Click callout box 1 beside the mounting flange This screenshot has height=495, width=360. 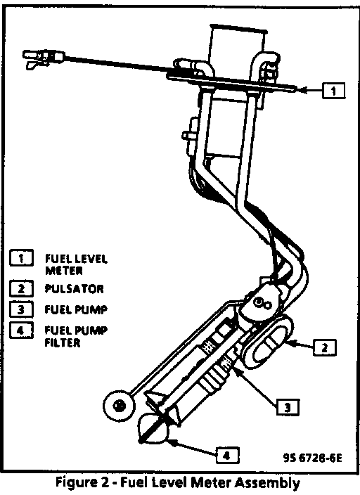333,91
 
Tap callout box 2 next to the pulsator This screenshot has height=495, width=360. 325,347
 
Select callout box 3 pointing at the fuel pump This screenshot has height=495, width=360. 288,407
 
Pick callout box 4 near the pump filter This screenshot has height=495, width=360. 227,455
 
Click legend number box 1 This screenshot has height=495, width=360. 21,258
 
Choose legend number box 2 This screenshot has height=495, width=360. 21,288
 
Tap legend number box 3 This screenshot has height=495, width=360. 21,309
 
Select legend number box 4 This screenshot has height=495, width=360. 21,330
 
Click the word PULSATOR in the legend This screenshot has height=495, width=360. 75,289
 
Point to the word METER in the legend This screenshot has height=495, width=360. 64,271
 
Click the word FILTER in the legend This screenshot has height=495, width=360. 62,342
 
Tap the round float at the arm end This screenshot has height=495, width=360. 119,405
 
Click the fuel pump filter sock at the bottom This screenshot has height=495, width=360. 153,427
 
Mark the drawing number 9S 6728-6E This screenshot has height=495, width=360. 312,458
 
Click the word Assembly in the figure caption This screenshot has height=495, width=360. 267,483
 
